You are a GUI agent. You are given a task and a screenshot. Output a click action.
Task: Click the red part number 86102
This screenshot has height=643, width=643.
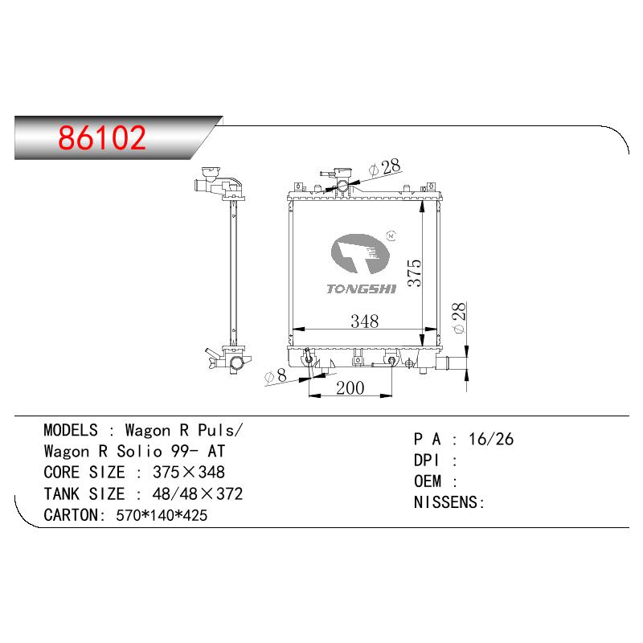102,137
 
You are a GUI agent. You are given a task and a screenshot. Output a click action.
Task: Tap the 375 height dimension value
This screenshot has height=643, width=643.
415,272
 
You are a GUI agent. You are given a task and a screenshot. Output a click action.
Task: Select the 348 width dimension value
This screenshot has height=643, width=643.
365,321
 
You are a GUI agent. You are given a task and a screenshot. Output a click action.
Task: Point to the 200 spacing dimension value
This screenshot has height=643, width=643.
350,388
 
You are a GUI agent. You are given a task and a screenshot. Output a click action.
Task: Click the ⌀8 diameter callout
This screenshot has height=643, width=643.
276,376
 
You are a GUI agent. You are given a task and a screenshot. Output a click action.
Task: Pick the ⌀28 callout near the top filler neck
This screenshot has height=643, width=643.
385,167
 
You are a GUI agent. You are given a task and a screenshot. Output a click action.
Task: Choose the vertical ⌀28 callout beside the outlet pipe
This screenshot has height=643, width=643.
459,317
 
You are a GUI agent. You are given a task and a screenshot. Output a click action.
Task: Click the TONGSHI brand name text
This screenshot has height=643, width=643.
362,289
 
